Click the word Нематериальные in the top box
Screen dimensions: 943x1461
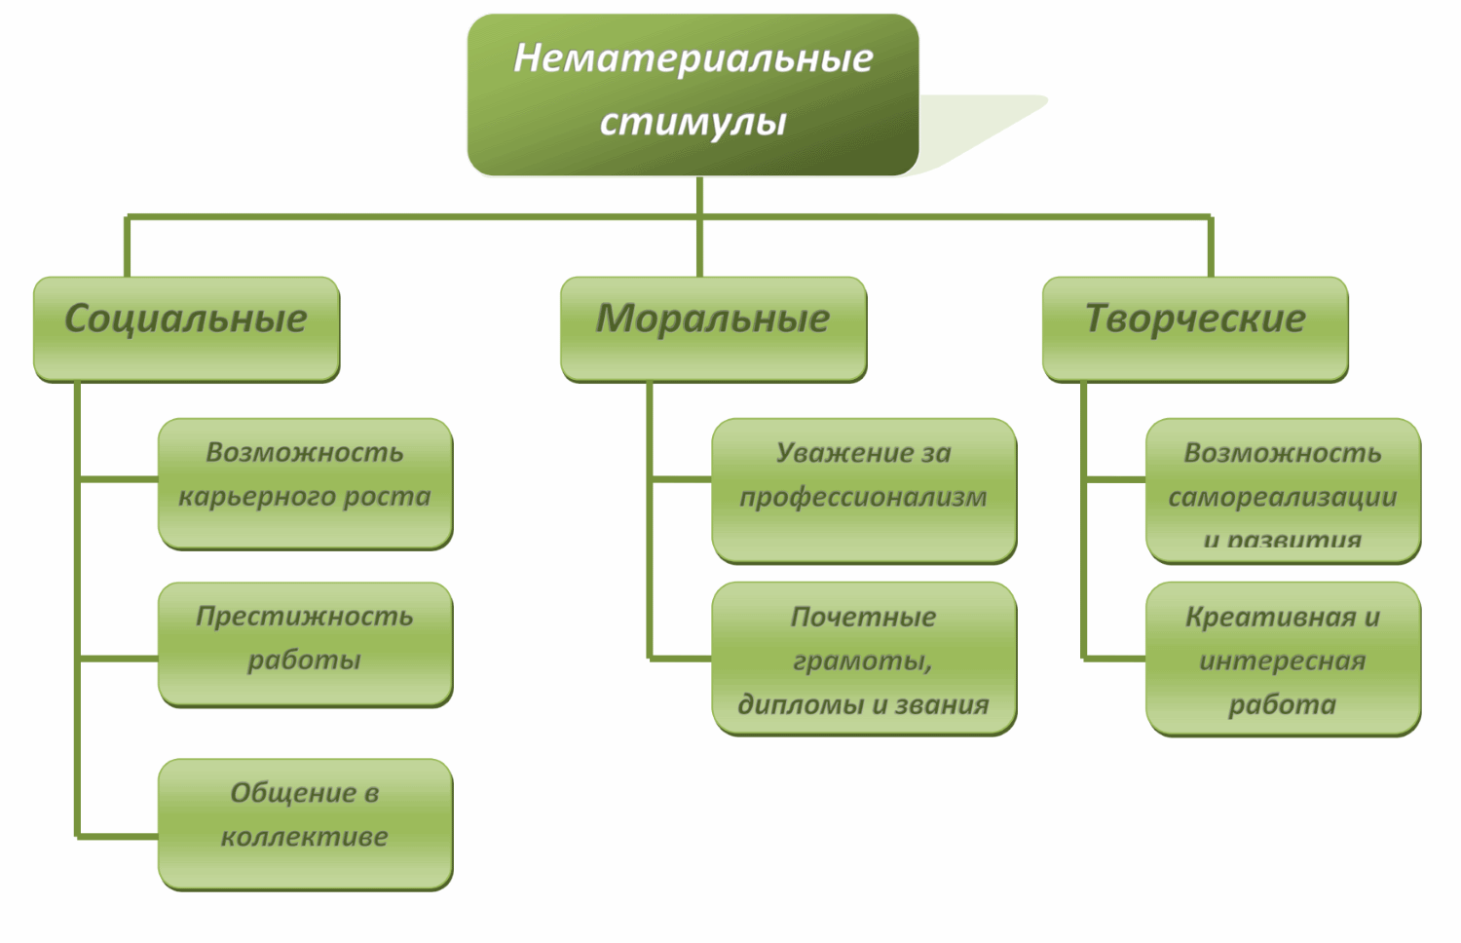(693, 58)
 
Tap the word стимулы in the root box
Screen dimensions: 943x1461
(693, 123)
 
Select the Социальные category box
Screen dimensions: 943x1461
(186, 328)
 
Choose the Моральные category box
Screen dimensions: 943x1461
(713, 328)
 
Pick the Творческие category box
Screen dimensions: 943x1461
(1195, 328)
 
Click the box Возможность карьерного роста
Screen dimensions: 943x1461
(305, 483)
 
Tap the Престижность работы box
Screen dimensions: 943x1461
(305, 644)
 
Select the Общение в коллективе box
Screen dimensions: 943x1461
(305, 823)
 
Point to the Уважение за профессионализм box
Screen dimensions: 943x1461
(864, 490)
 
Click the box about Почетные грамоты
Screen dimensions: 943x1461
(864, 659)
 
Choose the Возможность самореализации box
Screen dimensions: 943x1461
(1283, 490)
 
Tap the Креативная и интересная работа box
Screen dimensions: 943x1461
(1283, 659)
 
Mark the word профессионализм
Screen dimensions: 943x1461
(863, 497)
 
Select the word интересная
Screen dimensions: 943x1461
(1282, 661)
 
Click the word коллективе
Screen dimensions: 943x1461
(304, 837)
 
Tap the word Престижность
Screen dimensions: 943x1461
(304, 617)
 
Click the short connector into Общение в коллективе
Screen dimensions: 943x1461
(118, 836)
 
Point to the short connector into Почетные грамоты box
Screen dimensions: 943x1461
(680, 659)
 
